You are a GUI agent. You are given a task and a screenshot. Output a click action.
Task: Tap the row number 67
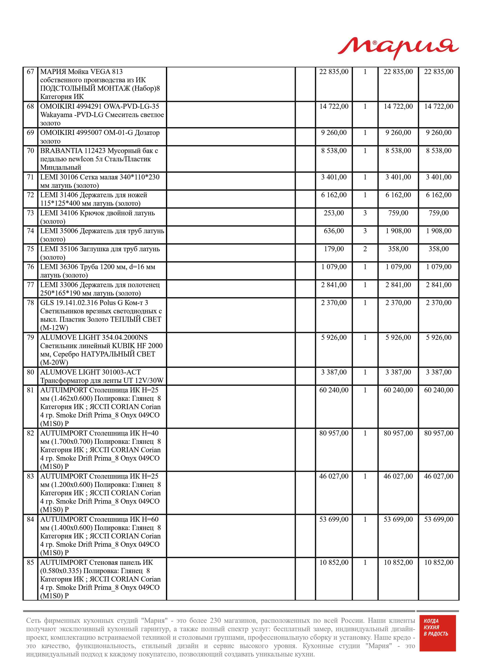click(30, 72)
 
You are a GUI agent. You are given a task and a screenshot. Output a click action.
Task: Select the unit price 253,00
click(334, 213)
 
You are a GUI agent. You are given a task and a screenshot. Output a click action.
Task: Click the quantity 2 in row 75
click(365, 249)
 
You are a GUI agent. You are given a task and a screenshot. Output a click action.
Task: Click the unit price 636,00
click(334, 231)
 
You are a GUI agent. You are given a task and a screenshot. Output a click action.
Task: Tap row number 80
click(30, 372)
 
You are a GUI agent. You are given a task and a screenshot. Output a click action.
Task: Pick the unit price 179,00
click(334, 249)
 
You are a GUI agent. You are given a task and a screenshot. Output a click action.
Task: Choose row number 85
click(30, 562)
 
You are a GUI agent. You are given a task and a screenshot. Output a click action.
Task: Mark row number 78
click(30, 303)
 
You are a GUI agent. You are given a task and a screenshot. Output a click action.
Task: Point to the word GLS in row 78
click(47, 303)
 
